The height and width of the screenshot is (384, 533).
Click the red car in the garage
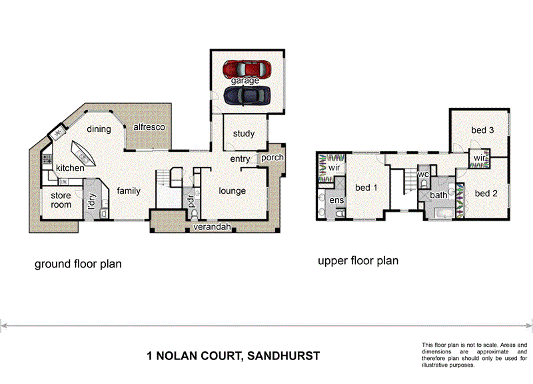point(247,69)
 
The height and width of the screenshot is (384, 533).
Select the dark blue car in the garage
point(247,96)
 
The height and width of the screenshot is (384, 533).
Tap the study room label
point(244,134)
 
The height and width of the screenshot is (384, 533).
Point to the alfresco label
point(149,127)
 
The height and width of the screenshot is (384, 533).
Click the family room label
point(129,191)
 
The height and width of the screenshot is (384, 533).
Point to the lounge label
point(233,191)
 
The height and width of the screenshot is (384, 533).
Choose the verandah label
point(212,228)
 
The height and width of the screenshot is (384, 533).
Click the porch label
point(272,158)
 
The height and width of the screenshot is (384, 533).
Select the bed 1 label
point(366,188)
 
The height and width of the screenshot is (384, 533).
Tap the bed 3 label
point(482,130)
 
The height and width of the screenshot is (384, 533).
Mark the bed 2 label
point(486,194)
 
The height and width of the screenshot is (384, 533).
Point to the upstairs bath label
point(438,195)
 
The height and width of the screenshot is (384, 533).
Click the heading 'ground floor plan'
point(78,264)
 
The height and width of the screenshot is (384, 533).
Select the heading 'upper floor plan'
point(358,261)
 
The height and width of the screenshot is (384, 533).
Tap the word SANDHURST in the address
point(283,356)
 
